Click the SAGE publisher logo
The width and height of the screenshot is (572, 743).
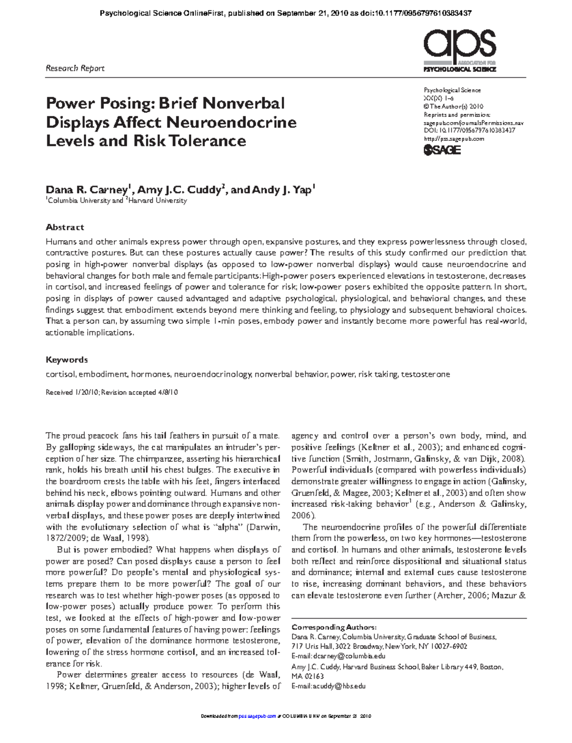tap(442, 150)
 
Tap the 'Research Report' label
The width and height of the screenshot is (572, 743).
tap(75, 68)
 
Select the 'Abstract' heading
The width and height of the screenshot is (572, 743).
tap(65, 227)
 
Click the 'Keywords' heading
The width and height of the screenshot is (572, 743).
tap(67, 360)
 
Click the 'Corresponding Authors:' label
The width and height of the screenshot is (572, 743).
tap(334, 627)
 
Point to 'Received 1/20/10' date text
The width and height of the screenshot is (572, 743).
tap(72, 392)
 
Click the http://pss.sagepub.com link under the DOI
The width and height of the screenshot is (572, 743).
tap(454, 139)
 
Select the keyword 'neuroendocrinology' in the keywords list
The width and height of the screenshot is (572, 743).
tap(213, 375)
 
